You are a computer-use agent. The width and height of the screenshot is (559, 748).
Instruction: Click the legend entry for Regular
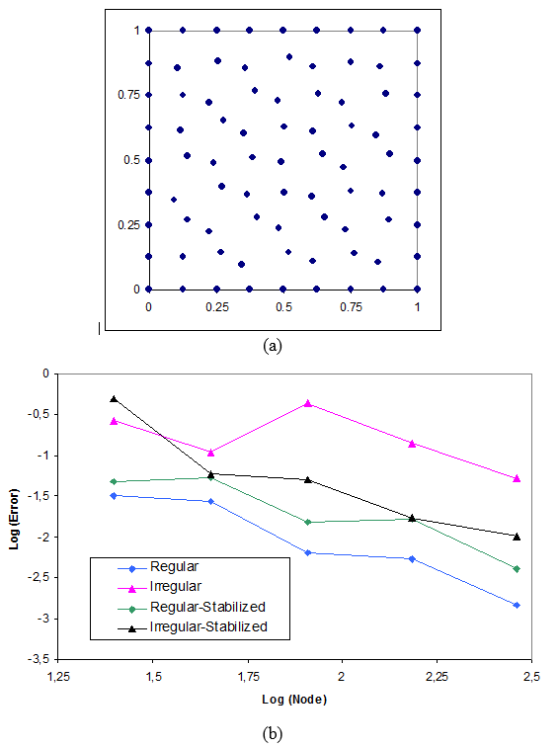[174, 567]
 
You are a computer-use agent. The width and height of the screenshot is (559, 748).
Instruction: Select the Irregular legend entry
[176, 587]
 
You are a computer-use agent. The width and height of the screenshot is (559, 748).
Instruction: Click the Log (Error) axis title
[17, 515]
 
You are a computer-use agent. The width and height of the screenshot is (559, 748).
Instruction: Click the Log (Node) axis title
[294, 699]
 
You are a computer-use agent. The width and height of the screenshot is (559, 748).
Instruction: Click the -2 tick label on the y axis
[42, 537]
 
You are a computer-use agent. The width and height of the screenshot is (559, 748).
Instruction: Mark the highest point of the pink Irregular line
[308, 403]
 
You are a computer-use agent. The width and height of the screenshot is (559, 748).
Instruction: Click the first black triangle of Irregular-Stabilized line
[115, 398]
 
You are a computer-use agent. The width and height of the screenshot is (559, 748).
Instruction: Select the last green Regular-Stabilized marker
[517, 569]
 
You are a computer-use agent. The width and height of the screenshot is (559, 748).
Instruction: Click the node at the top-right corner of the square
[418, 31]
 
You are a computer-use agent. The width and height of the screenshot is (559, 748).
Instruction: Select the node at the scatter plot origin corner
[149, 290]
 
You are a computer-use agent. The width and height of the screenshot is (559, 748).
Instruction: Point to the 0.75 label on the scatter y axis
[129, 96]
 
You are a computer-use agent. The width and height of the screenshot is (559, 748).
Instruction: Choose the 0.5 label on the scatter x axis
[283, 308]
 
